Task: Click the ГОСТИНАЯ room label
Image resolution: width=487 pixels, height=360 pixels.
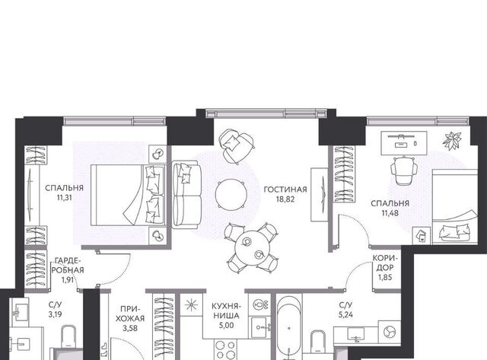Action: click(285, 190)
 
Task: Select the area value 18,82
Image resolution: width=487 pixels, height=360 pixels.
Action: click(285, 199)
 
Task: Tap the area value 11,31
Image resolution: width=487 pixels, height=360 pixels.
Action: click(64, 198)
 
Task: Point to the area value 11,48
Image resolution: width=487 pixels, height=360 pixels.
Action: click(390, 213)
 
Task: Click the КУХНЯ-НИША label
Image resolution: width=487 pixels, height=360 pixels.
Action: click(226, 311)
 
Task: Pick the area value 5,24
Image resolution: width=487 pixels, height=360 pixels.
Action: click(345, 314)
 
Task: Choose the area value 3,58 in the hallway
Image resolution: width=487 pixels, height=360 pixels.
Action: click(130, 328)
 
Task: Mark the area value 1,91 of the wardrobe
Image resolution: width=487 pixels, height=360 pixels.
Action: click(68, 280)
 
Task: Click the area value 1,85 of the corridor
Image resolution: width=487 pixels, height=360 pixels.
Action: click(385, 277)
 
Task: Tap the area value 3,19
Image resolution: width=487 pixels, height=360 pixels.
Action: click(55, 314)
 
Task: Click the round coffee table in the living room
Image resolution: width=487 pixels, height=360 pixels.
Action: click(231, 195)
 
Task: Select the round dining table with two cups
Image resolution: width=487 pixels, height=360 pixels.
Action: click(253, 248)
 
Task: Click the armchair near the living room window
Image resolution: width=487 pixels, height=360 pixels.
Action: click(236, 146)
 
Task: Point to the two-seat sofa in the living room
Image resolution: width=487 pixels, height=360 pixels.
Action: click(186, 195)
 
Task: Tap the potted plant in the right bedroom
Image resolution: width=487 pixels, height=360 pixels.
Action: click(452, 139)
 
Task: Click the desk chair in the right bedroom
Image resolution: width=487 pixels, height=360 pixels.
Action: click(404, 170)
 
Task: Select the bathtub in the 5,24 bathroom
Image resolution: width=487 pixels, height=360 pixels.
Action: click(289, 328)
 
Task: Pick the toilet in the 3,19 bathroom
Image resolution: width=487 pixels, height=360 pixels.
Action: click(68, 337)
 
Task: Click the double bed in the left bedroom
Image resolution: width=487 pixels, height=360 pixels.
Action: click(127, 195)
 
